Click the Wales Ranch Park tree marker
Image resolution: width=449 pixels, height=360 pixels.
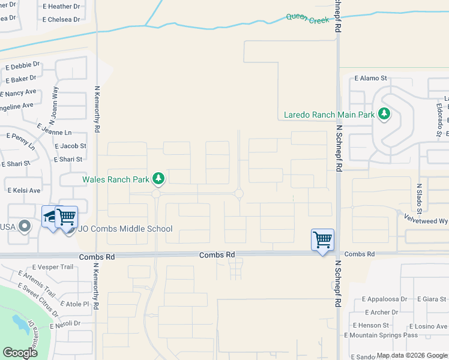pyautogui.click(x=158, y=178)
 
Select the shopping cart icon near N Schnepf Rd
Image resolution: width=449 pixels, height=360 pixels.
pyautogui.click(x=322, y=240)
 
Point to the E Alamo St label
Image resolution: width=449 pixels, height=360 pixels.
pyautogui.click(x=371, y=78)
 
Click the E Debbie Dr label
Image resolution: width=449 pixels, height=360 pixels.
pyautogui.click(x=23, y=65)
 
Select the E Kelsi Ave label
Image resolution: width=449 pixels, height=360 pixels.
pyautogui.click(x=24, y=190)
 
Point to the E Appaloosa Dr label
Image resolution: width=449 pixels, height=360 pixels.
pyautogui.click(x=385, y=299)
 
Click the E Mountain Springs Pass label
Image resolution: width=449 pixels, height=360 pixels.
pyautogui.click(x=381, y=335)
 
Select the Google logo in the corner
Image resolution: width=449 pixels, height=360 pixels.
pyautogui.click(x=20, y=353)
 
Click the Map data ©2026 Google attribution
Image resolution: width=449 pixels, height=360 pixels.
pyautogui.click(x=411, y=355)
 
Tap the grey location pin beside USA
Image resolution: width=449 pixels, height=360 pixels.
pyautogui.click(x=24, y=226)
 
